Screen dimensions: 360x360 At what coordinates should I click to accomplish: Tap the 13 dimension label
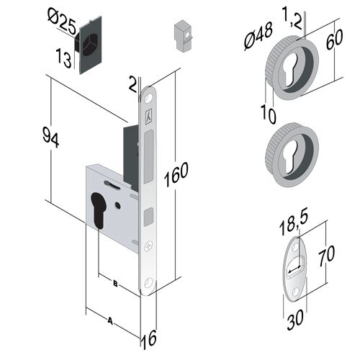coord(63,58)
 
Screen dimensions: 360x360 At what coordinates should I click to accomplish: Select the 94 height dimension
coord(50,138)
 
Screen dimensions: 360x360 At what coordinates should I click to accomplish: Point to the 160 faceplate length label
coord(176,174)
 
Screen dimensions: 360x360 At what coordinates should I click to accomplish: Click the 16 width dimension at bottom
coord(149,338)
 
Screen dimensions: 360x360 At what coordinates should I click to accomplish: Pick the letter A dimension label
coord(110,320)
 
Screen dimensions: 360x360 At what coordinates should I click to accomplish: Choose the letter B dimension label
coord(115,284)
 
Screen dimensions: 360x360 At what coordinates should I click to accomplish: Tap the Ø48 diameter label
coord(258,36)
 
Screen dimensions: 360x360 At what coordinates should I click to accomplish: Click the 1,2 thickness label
coord(292,17)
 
